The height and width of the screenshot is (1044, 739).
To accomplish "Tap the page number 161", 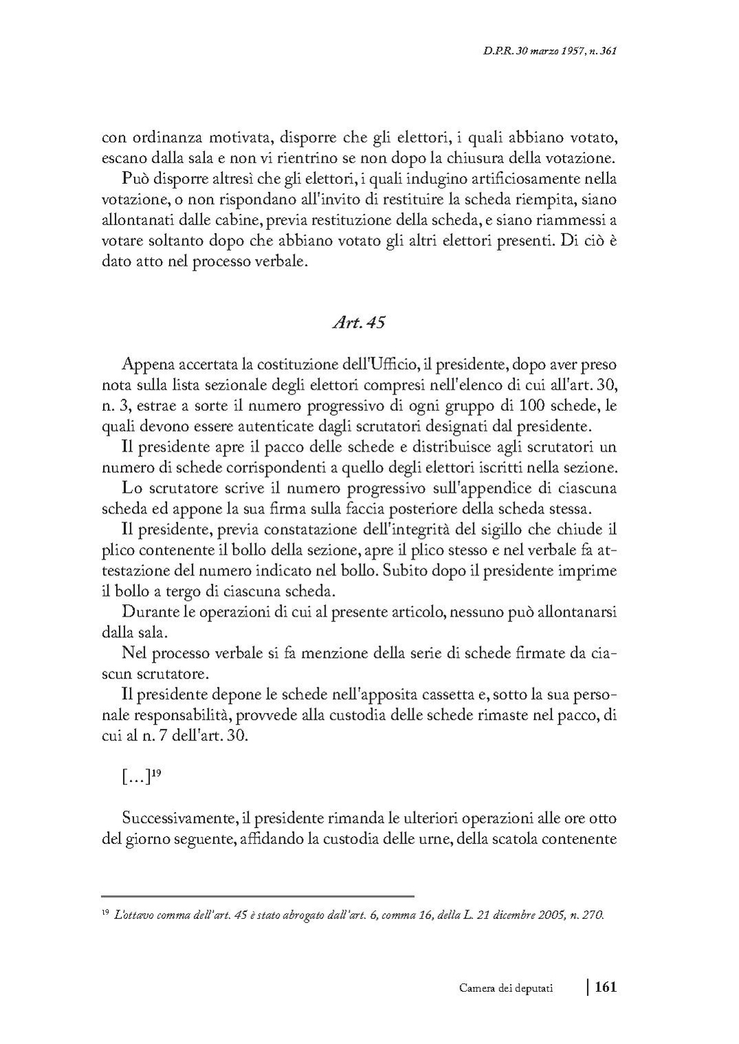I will (605, 987).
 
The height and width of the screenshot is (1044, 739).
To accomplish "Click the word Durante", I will (147, 612).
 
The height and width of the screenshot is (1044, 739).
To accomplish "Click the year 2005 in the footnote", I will (548, 915).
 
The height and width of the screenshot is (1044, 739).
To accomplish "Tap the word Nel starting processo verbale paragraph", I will (133, 653).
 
